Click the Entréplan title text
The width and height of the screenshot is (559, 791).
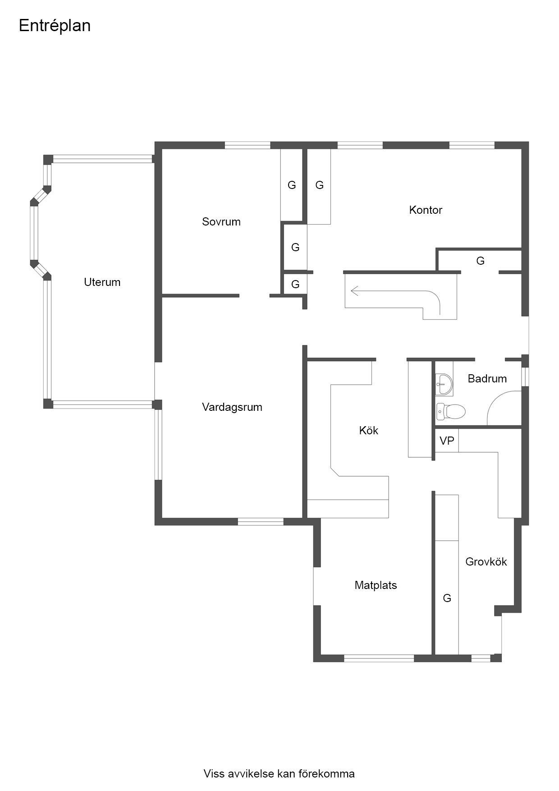[55, 26]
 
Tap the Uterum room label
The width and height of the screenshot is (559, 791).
[102, 282]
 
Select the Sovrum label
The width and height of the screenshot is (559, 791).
[221, 222]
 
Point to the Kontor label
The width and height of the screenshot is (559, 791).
[426, 210]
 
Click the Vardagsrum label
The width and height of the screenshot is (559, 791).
[232, 408]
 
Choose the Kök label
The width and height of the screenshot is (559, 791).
[369, 431]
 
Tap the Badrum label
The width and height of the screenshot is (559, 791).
[487, 379]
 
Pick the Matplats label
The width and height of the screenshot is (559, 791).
[376, 585]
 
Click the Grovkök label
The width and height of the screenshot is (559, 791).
[486, 562]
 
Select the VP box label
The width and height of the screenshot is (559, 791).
[447, 441]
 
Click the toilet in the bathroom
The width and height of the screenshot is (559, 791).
[450, 411]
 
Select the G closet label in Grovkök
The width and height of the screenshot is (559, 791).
[447, 598]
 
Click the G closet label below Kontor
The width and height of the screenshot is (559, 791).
[481, 261]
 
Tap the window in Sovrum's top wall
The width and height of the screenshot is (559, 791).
[247, 145]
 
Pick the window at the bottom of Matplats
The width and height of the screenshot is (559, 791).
[379, 658]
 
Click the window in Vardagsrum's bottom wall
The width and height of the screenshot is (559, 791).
[261, 522]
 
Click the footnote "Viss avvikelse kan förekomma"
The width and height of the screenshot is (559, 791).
[279, 774]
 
